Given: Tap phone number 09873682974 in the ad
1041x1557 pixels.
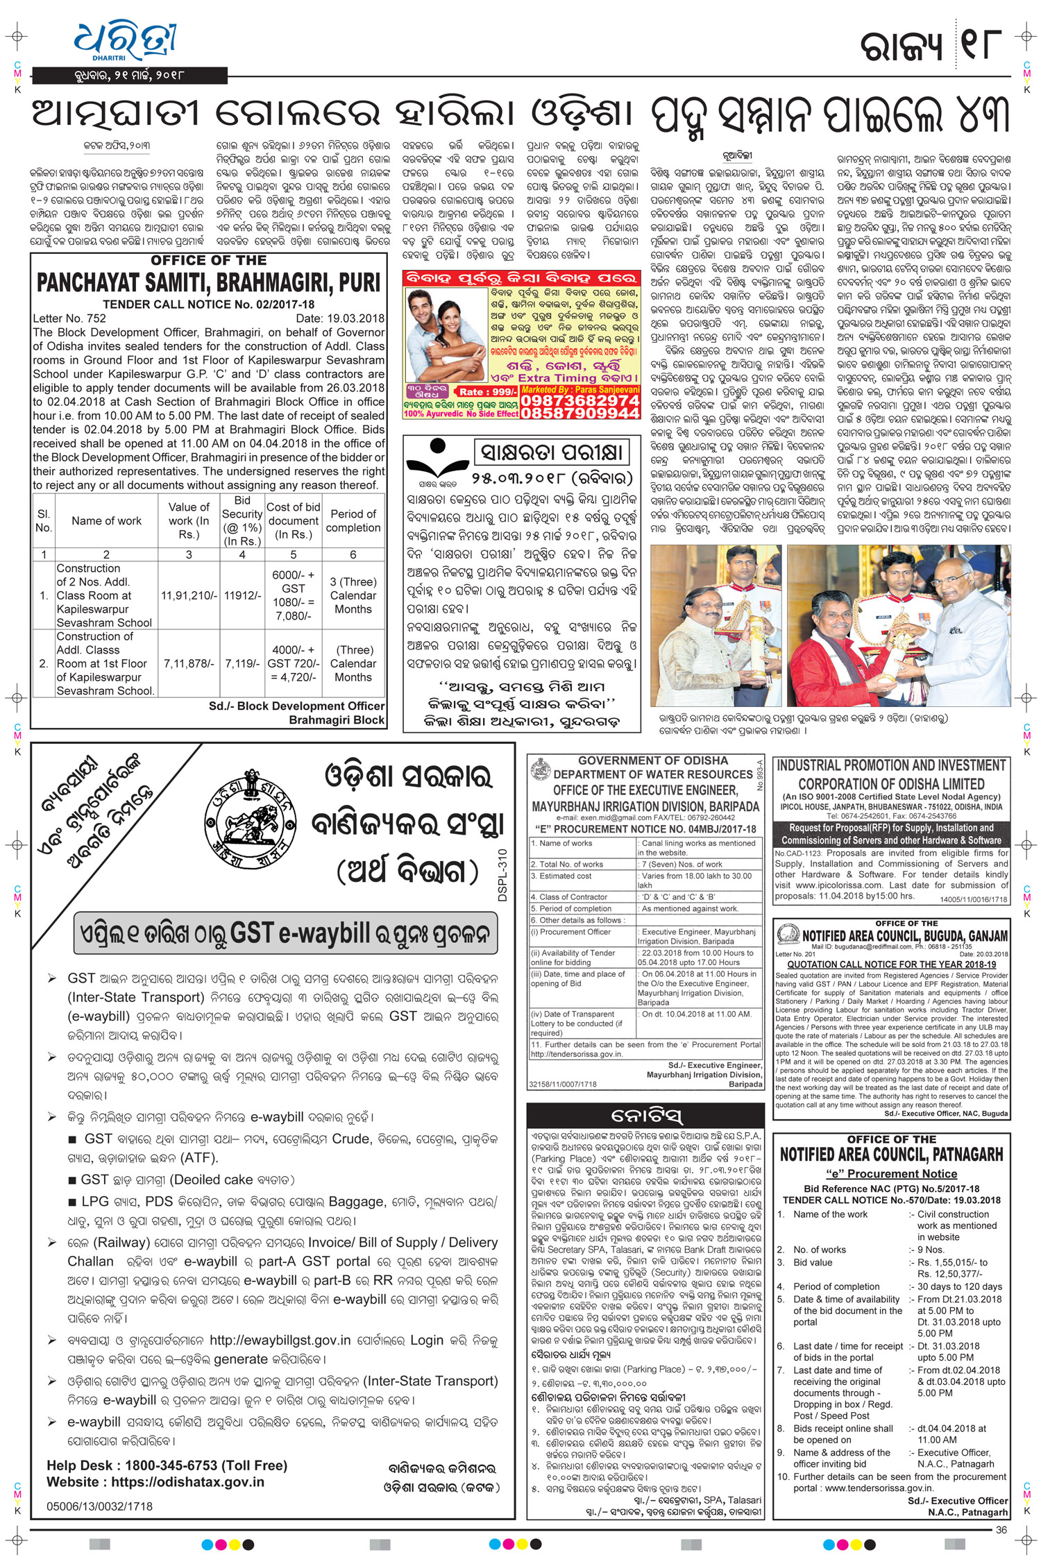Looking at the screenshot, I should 579,400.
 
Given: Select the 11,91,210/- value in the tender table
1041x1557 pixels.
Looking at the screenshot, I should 189,595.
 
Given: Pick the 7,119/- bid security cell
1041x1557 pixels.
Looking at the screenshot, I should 242,663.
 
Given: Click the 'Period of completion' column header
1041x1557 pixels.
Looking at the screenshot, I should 353,520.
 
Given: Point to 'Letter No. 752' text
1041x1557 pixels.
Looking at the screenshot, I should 69,318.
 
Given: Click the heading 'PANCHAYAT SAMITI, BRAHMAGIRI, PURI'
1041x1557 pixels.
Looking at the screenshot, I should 208,283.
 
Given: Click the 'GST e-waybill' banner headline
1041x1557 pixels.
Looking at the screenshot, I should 285,934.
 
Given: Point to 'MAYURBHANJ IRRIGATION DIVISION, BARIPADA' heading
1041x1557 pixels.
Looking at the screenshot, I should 645,806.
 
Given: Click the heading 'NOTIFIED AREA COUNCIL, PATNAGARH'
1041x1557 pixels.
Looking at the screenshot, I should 891,1155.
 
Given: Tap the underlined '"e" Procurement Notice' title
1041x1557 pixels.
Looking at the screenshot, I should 891,1174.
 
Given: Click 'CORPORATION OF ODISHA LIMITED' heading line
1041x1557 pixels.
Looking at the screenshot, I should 891,784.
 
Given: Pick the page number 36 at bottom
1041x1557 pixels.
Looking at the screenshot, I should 1001,1529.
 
